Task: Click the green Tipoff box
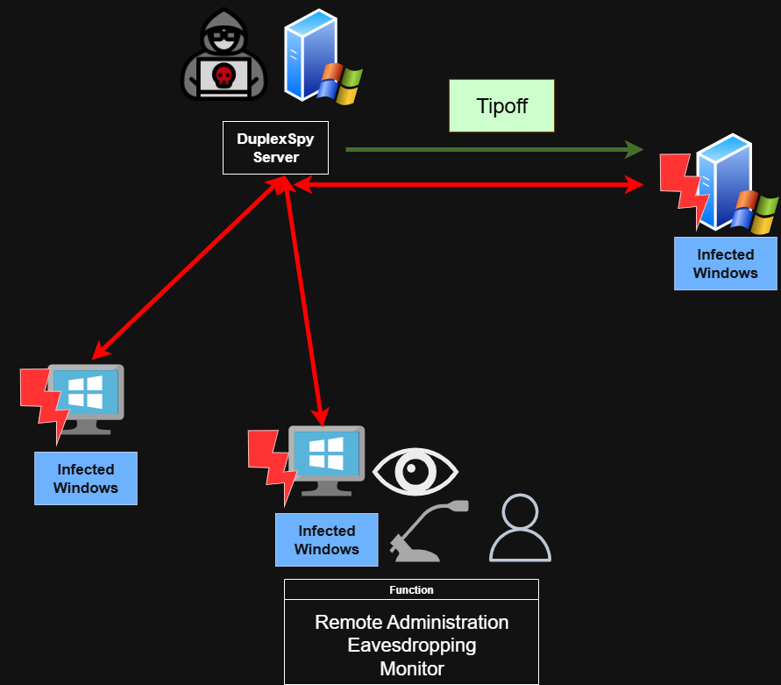tap(501, 106)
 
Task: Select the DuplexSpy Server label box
tap(275, 147)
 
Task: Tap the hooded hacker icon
tap(224, 54)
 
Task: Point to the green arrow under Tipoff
tap(494, 149)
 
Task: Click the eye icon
tap(415, 471)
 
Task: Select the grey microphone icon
tap(429, 531)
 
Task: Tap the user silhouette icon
tap(520, 528)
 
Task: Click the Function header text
tap(411, 589)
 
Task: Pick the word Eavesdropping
tap(412, 646)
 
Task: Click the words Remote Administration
tap(412, 622)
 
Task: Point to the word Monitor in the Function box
tap(412, 668)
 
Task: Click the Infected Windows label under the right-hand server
tap(725, 264)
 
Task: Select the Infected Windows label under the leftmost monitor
tap(86, 479)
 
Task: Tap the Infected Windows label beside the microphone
tap(327, 540)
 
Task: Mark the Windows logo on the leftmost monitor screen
tap(85, 392)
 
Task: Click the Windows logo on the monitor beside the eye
tap(326, 453)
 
